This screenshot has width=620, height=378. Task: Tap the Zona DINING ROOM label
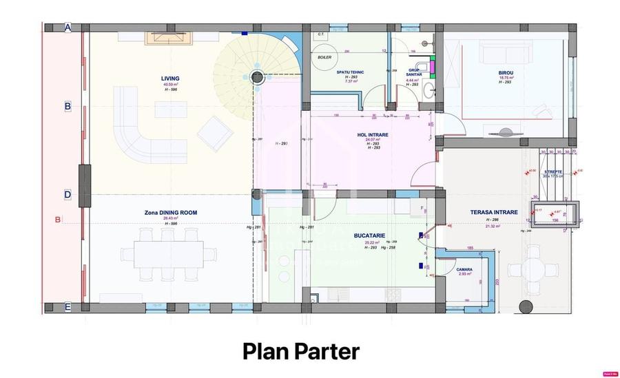click(x=170, y=213)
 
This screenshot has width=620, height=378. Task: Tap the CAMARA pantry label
click(x=464, y=270)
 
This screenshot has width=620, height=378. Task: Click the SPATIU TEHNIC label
click(x=351, y=72)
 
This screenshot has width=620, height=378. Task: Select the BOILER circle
click(x=324, y=58)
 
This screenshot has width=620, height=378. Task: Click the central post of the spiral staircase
click(x=258, y=78)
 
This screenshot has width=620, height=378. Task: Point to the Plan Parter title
click(x=301, y=351)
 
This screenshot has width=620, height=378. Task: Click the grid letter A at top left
click(x=68, y=28)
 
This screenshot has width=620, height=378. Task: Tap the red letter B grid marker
click(x=58, y=220)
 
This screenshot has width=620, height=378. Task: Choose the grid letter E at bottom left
click(x=68, y=307)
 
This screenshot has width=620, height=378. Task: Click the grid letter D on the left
click(x=68, y=194)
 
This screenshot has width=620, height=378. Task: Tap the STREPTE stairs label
click(x=553, y=171)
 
